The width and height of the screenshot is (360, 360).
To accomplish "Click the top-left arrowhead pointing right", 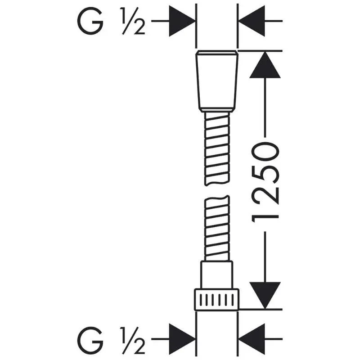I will point(182,21).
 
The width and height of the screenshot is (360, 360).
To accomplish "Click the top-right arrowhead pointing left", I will point(251,21).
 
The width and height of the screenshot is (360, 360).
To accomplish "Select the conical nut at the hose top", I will point(217,81).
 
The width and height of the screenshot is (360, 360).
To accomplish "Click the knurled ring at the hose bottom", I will point(217,298).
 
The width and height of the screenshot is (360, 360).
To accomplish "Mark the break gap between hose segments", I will point(217,191).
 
